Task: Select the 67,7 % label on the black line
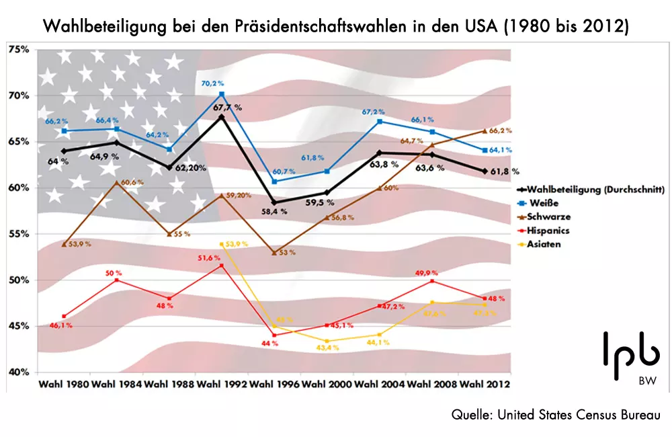(x=228, y=107)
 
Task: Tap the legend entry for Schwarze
(x=550, y=218)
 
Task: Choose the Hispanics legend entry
(x=552, y=231)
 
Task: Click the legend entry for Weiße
(x=546, y=204)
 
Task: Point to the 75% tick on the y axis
(x=18, y=50)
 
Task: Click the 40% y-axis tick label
(x=18, y=372)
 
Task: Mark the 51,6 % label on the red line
(x=209, y=257)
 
